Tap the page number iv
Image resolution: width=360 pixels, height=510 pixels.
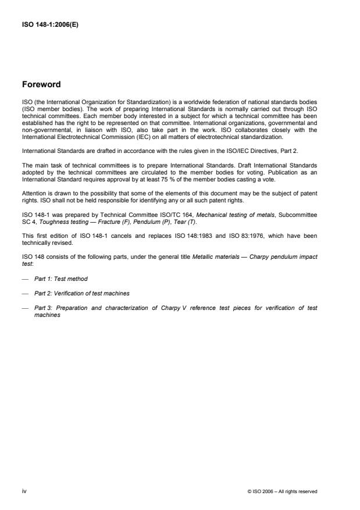(x=24, y=491)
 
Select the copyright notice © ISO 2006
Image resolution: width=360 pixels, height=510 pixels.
(x=282, y=491)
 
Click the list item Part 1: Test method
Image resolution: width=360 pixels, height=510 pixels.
(x=60, y=279)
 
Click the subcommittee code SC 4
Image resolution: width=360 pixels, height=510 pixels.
(x=28, y=220)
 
